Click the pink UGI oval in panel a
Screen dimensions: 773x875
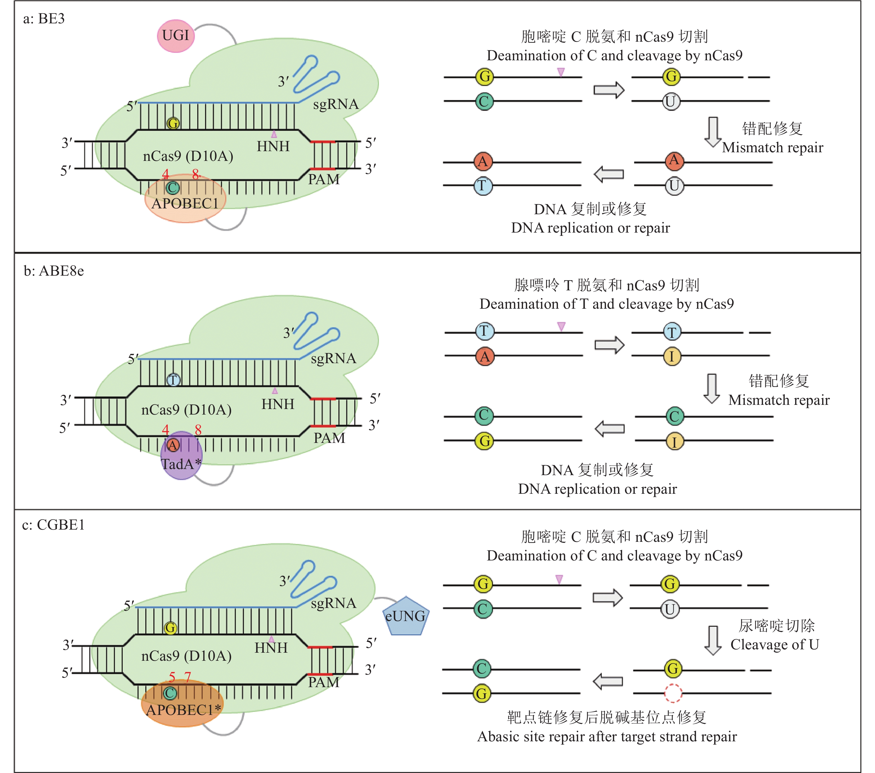tap(176, 36)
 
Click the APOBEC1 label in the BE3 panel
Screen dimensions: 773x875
tap(185, 203)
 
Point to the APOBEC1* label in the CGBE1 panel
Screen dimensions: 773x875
tap(183, 710)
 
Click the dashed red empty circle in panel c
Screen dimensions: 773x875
tap(673, 693)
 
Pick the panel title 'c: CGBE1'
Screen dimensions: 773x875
tap(53, 525)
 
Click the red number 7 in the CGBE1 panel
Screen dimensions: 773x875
tap(187, 677)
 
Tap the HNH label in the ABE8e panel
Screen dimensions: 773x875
tap(278, 404)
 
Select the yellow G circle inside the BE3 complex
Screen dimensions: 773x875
tap(173, 123)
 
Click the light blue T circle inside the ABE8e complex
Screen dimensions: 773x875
tap(173, 380)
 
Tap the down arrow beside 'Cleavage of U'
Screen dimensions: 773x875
tap(713, 640)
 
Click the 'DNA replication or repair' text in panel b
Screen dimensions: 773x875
tap(597, 489)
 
